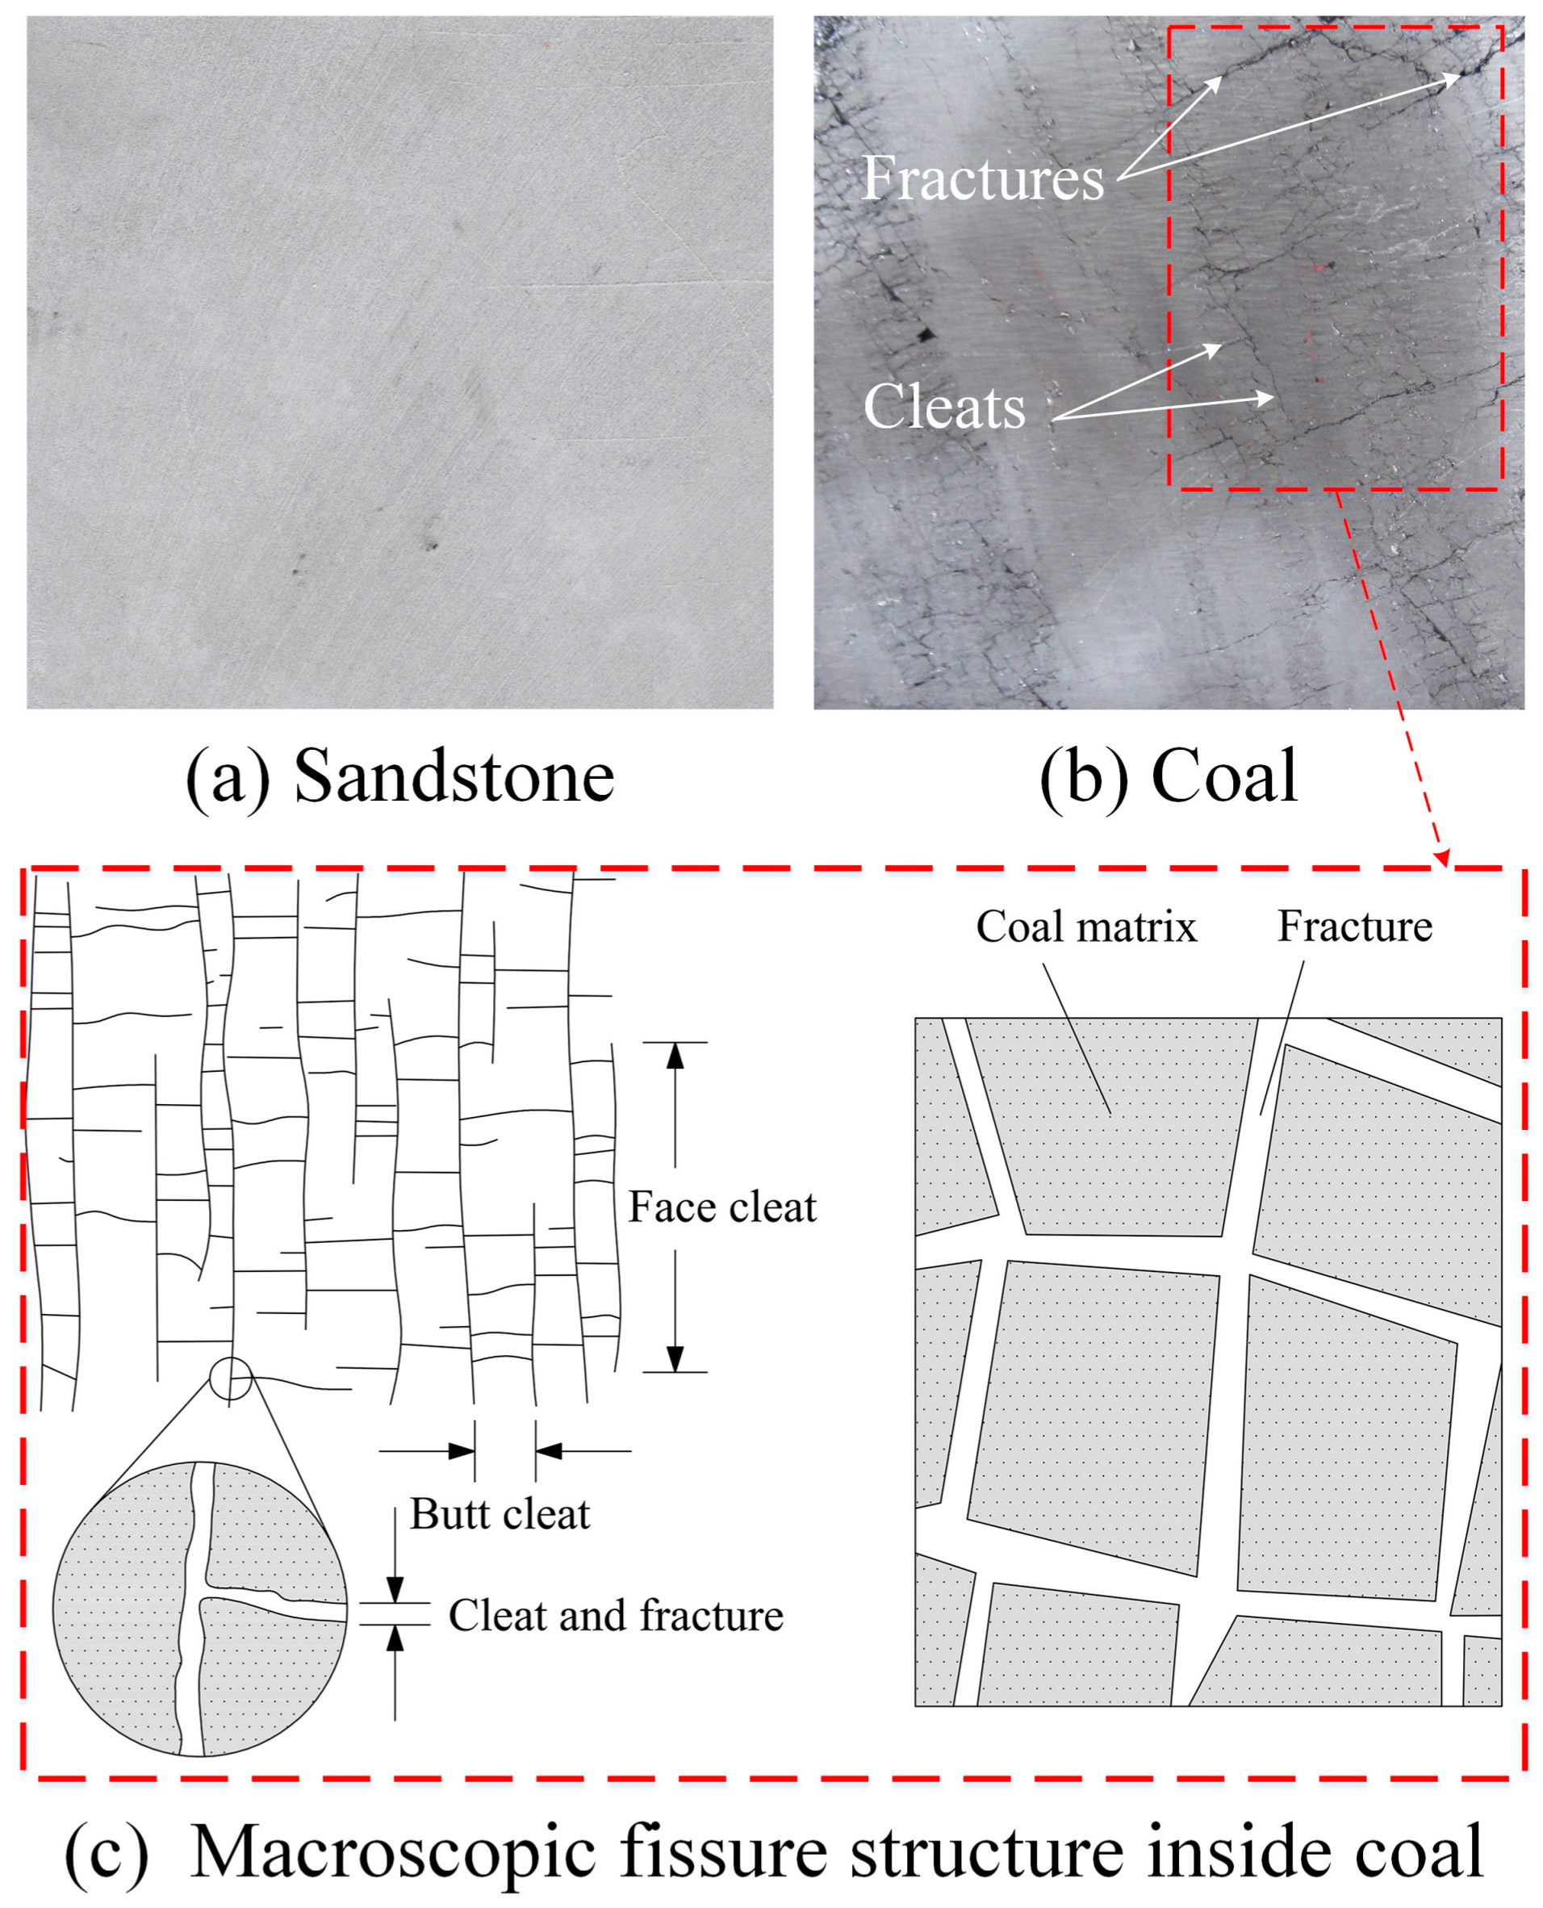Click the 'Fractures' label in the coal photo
click(982, 178)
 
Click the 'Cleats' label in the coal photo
click(944, 407)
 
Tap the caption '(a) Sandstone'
click(400, 776)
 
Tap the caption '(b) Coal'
click(1169, 776)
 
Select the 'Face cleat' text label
click(721, 1207)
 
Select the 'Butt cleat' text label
click(500, 1514)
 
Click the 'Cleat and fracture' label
click(615, 1616)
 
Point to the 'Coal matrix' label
click(1086, 927)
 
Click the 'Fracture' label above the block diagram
click(1355, 927)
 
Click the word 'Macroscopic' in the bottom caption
click(393, 1853)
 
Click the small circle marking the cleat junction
click(231, 1379)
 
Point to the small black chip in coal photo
click(926, 335)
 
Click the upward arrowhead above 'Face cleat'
click(675, 1055)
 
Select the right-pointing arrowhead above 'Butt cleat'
click(462, 1451)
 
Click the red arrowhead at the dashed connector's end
click(1443, 858)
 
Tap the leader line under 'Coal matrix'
click(1077, 1040)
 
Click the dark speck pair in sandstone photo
click(431, 544)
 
